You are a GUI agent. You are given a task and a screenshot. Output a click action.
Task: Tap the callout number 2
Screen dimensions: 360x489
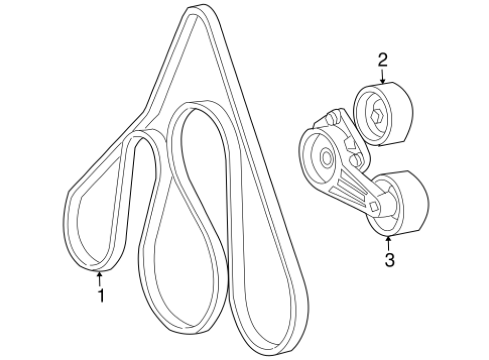(382, 60)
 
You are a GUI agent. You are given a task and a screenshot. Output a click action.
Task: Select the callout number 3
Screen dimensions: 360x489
(389, 259)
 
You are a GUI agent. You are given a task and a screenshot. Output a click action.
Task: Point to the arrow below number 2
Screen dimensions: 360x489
(382, 76)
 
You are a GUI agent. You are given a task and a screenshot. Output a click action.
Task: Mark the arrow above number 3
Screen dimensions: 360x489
(389, 243)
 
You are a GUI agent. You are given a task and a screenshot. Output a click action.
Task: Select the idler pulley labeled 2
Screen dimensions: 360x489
(382, 115)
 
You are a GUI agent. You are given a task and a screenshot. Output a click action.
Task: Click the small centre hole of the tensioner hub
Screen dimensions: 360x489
(325, 157)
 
